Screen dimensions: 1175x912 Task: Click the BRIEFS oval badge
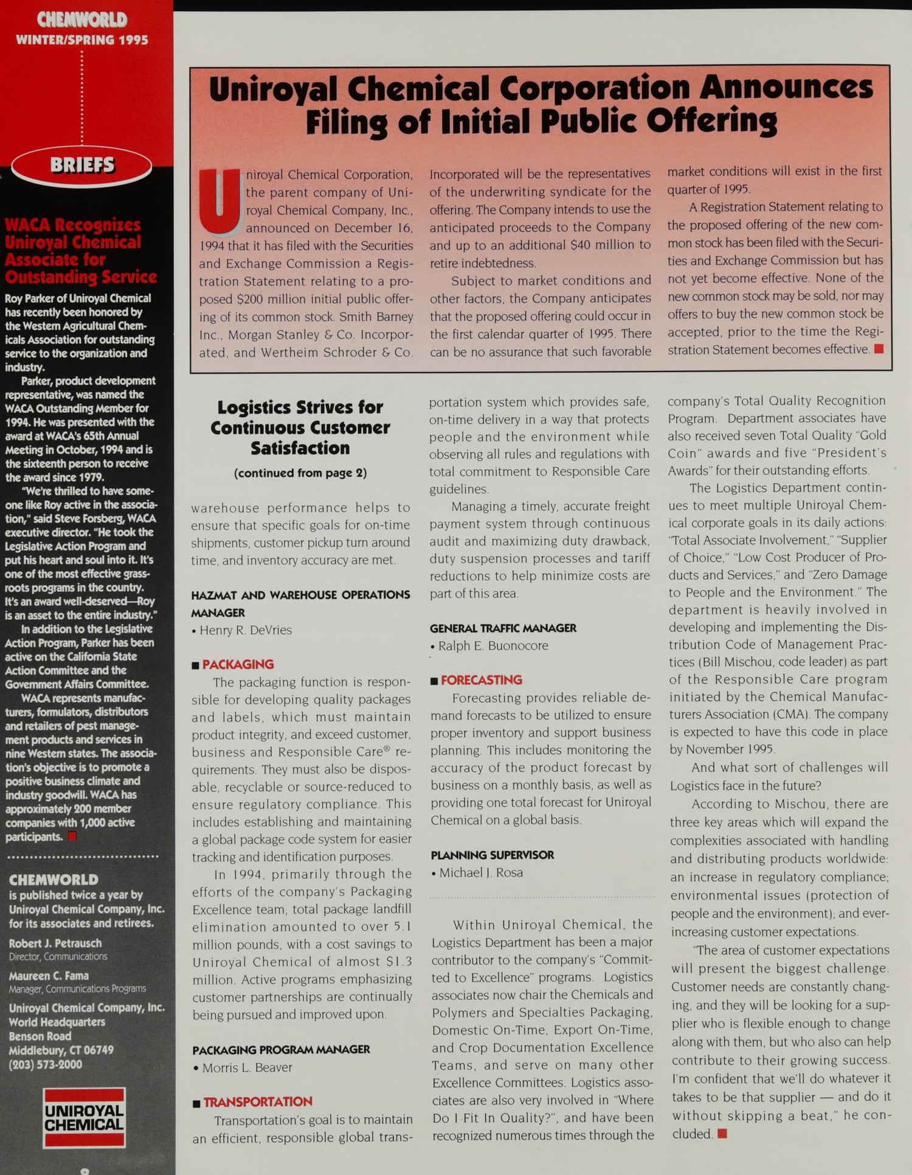coord(82,165)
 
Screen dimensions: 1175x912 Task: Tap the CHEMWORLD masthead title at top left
coord(82,20)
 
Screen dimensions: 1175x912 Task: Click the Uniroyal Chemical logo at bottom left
coord(84,1118)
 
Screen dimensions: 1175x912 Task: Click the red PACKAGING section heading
coord(238,665)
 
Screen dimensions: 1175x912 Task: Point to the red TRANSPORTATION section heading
coord(257,1102)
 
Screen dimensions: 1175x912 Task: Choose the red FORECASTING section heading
coord(481,681)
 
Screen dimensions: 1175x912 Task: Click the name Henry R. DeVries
coord(246,631)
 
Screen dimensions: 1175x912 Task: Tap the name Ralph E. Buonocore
coord(493,646)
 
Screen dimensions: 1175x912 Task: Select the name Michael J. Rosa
coord(480,873)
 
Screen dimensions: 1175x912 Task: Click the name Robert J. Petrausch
coord(55,943)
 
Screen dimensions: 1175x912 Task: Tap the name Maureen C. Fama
coord(49,976)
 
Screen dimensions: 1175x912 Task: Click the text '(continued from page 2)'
coord(300,473)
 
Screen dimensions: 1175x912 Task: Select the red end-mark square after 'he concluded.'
coord(722,1134)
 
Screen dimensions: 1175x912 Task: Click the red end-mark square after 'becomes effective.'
coord(878,349)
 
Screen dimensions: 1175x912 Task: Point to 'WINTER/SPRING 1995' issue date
coord(82,40)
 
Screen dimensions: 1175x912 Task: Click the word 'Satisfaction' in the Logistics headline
coord(300,448)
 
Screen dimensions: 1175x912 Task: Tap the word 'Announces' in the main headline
coord(786,88)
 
